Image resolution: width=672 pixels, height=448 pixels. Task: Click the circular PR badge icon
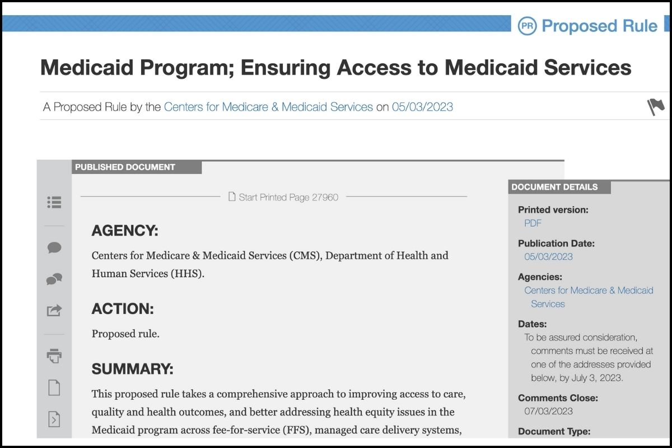pyautogui.click(x=527, y=26)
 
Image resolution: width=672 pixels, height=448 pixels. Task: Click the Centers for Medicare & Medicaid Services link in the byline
pyautogui.click(x=268, y=106)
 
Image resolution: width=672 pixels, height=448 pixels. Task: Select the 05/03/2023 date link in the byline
pyautogui.click(x=422, y=106)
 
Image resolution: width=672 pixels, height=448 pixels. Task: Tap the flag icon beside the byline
pyautogui.click(x=656, y=106)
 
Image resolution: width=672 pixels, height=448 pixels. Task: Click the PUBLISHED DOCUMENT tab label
pyautogui.click(x=125, y=167)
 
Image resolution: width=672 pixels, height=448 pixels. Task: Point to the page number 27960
pyautogui.click(x=325, y=197)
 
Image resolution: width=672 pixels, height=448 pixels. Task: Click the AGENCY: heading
pyautogui.click(x=125, y=231)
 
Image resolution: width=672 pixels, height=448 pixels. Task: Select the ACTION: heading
pyautogui.click(x=122, y=309)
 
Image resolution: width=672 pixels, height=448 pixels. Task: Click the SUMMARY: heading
pyautogui.click(x=132, y=369)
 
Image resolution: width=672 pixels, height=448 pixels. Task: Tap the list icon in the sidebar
pyautogui.click(x=54, y=202)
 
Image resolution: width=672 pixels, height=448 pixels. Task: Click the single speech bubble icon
pyautogui.click(x=54, y=248)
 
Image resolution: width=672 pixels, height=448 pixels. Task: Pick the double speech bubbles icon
pyautogui.click(x=54, y=279)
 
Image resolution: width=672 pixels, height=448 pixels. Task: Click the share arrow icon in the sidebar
pyautogui.click(x=54, y=310)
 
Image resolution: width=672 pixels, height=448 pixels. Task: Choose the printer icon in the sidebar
pyautogui.click(x=54, y=355)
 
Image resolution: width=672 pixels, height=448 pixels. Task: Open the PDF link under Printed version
pyautogui.click(x=533, y=223)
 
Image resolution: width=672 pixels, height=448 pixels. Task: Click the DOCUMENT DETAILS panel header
pyautogui.click(x=554, y=187)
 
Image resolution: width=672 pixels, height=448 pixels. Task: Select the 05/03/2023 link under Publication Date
pyautogui.click(x=548, y=256)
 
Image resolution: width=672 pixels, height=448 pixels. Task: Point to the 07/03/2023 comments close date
pyautogui.click(x=548, y=411)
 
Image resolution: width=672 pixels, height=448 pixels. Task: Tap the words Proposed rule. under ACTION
pyautogui.click(x=125, y=334)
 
